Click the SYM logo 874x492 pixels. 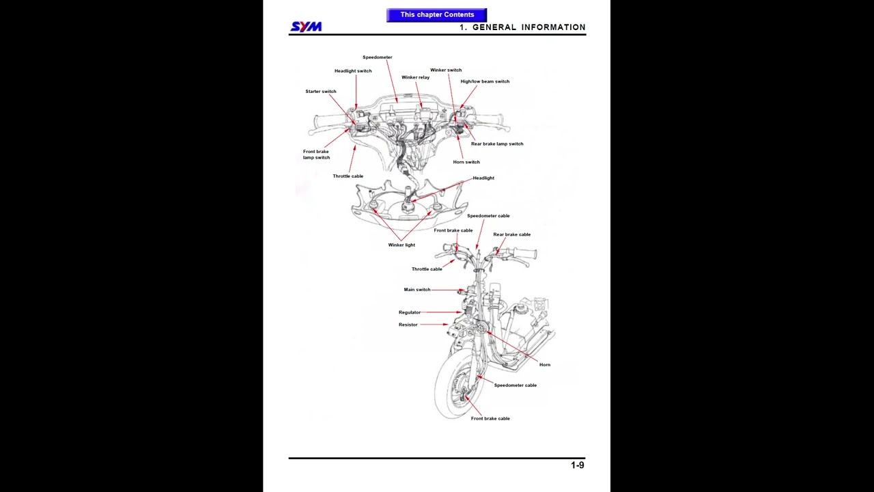click(306, 27)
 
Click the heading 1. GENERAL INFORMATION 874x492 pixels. click(522, 27)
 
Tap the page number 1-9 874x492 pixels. click(577, 465)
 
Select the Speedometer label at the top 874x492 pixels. click(377, 57)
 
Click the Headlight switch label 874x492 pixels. click(353, 71)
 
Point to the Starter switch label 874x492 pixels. click(320, 92)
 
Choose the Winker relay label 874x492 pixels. click(415, 77)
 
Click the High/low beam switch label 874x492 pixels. click(485, 81)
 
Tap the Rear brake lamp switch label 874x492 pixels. click(497, 144)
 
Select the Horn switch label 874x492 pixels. click(466, 162)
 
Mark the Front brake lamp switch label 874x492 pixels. click(316, 154)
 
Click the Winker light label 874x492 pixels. click(401, 245)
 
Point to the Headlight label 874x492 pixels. click(483, 178)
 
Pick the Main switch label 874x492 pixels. click(417, 290)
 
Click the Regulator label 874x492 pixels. click(410, 312)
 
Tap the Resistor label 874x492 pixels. click(408, 325)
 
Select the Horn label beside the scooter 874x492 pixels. click(544, 365)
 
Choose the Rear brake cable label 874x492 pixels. click(511, 234)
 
